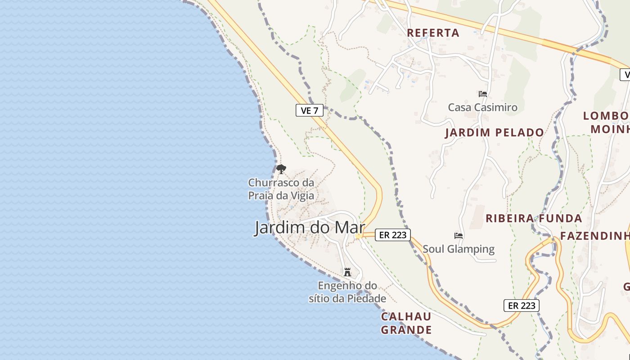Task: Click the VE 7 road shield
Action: click(310, 110)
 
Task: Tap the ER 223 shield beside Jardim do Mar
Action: click(392, 235)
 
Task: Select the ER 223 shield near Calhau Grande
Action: click(521, 306)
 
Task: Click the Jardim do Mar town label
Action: click(310, 228)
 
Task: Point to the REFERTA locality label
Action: click(433, 33)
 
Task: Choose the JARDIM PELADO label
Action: click(495, 133)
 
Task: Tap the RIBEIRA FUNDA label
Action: click(534, 219)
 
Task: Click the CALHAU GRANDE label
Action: click(406, 323)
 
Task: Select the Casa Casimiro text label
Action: click(482, 108)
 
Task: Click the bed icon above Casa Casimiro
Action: click(483, 94)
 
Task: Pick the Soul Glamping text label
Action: click(459, 249)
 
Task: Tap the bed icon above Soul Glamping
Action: click(459, 235)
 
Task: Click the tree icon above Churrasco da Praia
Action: click(281, 169)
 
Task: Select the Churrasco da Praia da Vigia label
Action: click(281, 189)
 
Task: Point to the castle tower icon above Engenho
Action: click(347, 272)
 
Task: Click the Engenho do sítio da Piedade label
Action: click(347, 292)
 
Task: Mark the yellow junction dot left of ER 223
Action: click(358, 236)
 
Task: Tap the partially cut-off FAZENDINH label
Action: click(594, 236)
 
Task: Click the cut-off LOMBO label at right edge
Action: click(606, 116)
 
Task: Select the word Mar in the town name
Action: click(349, 228)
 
